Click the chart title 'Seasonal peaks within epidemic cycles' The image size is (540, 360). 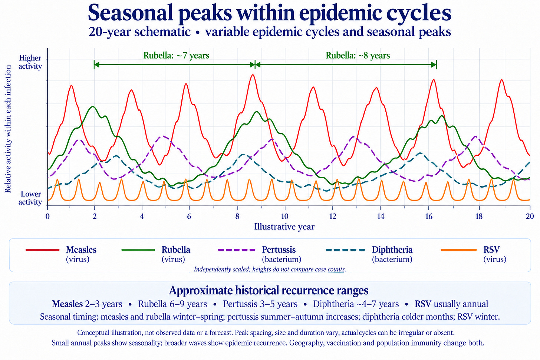tap(270, 13)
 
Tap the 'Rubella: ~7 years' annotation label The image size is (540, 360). tap(176, 55)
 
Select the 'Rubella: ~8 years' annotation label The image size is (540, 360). tap(358, 55)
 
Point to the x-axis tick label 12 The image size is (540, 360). tap(333, 217)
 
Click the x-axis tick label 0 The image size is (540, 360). tap(47, 217)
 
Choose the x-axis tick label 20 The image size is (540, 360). tap(530, 217)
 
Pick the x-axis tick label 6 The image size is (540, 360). tap(189, 217)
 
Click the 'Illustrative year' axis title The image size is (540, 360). tap(284, 227)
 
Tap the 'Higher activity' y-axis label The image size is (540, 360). tap(30, 62)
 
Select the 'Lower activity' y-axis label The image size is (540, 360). tap(30, 198)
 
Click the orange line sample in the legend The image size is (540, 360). tap(459, 250)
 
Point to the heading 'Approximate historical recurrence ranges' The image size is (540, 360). tap(269, 291)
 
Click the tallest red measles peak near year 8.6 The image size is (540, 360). tap(253, 75)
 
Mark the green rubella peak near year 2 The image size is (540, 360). tap(93, 106)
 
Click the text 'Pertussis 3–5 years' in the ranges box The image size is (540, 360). tap(260, 304)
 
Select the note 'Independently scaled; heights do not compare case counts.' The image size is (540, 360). tap(270, 269)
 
